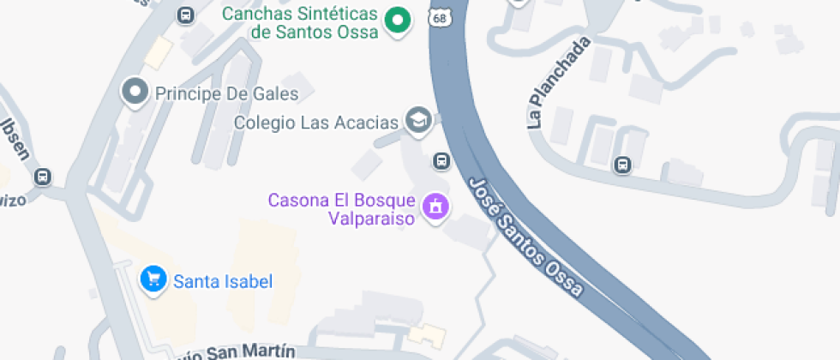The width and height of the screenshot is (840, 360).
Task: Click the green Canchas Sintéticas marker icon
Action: click(x=397, y=21)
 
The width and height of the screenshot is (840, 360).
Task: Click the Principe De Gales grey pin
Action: click(x=135, y=92)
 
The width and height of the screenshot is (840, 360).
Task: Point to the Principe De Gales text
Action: click(x=226, y=93)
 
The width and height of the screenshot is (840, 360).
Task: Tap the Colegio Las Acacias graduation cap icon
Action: click(x=418, y=121)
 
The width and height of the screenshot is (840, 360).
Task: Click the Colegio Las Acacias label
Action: click(x=317, y=123)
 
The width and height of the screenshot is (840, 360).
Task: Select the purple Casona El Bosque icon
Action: click(x=436, y=207)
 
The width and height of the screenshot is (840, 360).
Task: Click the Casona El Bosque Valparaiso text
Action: click(x=341, y=209)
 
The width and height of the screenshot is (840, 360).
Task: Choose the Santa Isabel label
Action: click(x=223, y=281)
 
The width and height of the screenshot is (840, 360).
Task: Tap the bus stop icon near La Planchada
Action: click(x=623, y=165)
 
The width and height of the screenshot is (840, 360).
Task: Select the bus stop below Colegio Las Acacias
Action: click(x=441, y=160)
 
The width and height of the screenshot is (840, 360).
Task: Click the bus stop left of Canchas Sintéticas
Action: click(x=184, y=15)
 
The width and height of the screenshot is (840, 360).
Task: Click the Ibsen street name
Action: click(x=18, y=140)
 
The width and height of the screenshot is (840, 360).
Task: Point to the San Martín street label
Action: click(x=249, y=352)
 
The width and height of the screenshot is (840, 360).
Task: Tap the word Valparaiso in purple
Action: click(x=372, y=219)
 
